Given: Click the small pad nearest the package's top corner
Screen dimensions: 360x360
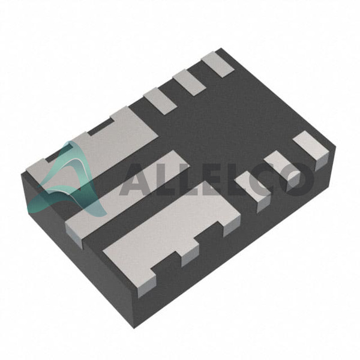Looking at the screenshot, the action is (x=218, y=64).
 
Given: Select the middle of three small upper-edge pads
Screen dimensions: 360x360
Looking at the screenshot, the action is (x=189, y=82).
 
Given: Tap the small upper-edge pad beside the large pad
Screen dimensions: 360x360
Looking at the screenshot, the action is (x=160, y=101).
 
